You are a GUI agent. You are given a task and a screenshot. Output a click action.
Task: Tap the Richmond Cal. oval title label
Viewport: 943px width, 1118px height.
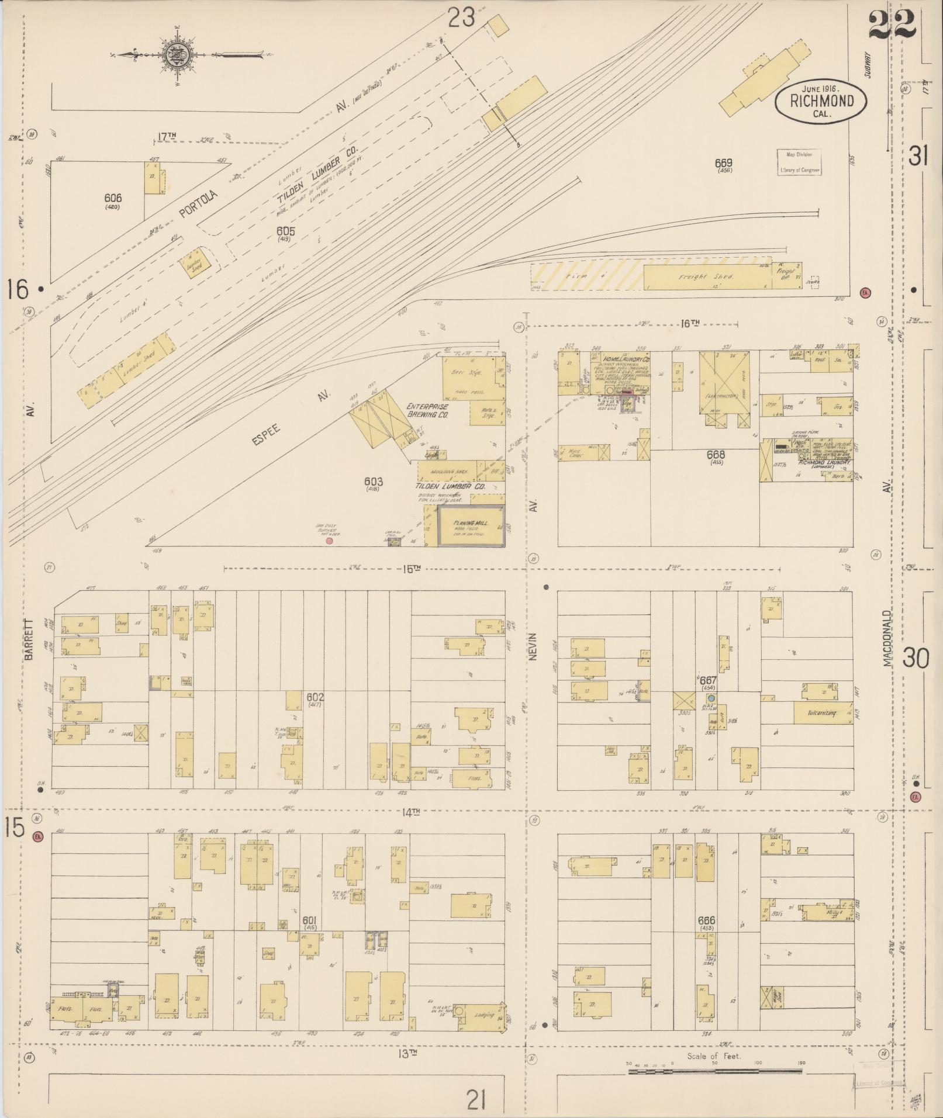click(821, 101)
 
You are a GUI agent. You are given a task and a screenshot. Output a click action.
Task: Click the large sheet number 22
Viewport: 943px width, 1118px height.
click(892, 26)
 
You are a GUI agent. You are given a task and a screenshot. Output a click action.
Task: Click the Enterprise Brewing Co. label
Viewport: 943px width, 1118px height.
click(427, 410)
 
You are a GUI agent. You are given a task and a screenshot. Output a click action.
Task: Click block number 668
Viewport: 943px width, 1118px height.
click(715, 455)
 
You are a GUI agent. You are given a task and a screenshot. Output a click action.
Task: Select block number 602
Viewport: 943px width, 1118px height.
click(315, 697)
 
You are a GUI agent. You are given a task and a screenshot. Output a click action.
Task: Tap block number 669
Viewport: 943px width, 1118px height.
click(724, 163)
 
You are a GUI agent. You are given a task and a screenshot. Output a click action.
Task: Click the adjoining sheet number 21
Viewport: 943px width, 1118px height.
click(477, 1101)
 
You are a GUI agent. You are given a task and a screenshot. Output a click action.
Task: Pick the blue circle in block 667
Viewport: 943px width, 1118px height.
click(711, 698)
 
